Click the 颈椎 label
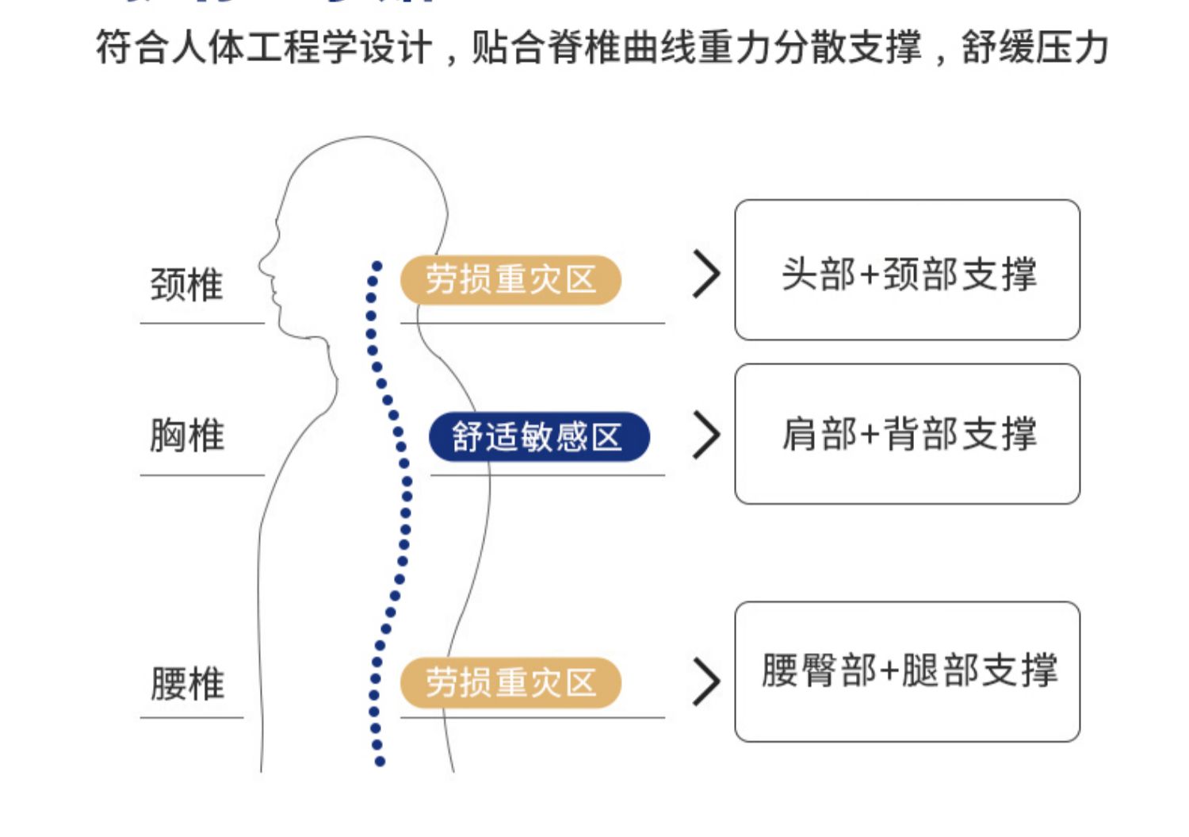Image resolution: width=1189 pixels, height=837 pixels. [x=187, y=285]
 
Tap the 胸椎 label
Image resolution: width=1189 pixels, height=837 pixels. [x=187, y=436]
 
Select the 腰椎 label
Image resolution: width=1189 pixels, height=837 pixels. [x=187, y=683]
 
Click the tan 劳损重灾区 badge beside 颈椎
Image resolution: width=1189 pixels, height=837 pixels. [x=510, y=280]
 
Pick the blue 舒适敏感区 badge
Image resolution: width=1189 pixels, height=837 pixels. [x=538, y=436]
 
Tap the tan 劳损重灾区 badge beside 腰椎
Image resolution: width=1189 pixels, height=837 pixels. [x=510, y=682]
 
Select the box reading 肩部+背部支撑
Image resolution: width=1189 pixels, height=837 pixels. [x=907, y=434]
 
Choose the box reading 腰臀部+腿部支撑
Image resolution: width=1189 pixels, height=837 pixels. [x=907, y=671]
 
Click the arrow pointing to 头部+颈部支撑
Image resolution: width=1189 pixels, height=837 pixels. [x=705, y=275]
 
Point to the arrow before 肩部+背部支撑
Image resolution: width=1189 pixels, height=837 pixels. [x=705, y=435]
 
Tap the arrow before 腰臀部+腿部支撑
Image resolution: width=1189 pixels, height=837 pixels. [x=705, y=681]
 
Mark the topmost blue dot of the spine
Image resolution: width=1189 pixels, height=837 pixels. [x=377, y=266]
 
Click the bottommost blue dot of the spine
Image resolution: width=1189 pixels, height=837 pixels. [x=380, y=762]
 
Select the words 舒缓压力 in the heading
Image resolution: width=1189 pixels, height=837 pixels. [x=1034, y=48]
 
